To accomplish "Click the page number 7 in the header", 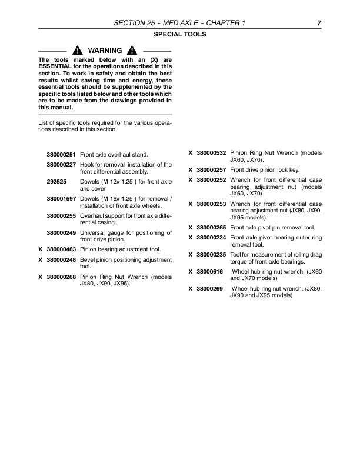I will (x=318, y=22).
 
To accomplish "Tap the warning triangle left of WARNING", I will (x=77, y=51).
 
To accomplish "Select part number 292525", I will (x=56, y=182).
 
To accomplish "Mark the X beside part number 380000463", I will (x=40, y=249).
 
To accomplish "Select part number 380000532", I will (x=211, y=152).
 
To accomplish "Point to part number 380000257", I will (x=211, y=169).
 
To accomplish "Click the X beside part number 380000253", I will (x=190, y=204).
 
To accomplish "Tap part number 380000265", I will (x=211, y=227).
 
